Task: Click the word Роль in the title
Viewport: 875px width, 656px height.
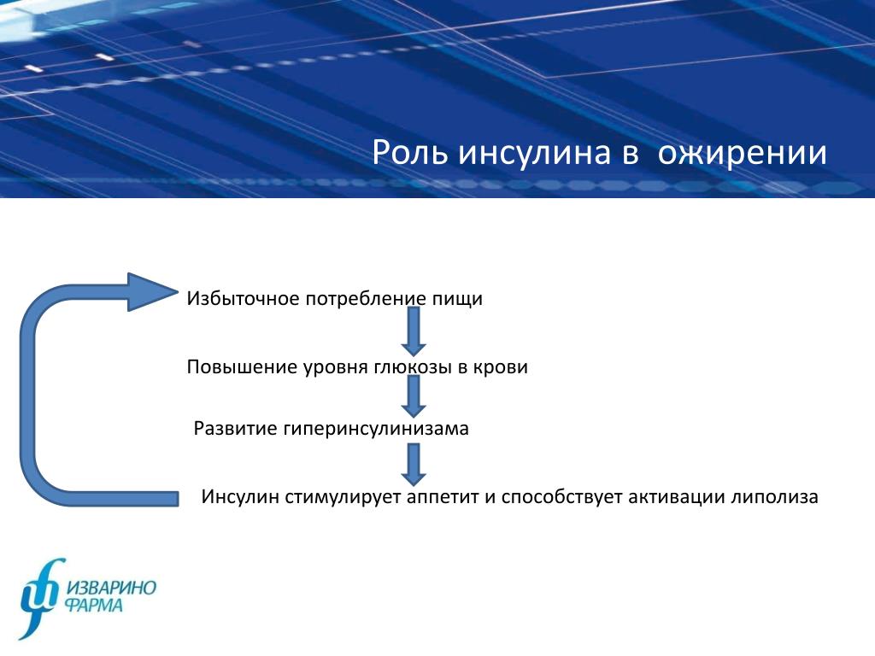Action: tap(410, 153)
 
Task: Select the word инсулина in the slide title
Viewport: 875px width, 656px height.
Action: tap(535, 153)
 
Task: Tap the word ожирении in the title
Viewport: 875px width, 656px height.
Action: tap(743, 153)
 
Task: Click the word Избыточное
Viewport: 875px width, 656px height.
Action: tap(243, 298)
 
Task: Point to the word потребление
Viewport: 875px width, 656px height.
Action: tap(366, 299)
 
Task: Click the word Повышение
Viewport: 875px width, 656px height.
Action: tap(242, 367)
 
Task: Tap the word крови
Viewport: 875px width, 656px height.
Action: tap(501, 367)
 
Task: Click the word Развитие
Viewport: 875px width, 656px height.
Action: tap(236, 429)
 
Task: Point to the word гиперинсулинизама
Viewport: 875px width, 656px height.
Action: tap(376, 429)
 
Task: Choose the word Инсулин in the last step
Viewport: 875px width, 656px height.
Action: tap(240, 496)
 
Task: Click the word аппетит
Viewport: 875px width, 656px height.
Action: tap(443, 497)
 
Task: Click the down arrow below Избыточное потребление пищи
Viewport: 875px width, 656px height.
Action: tap(414, 331)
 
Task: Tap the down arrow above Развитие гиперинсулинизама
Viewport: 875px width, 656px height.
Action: tap(414, 396)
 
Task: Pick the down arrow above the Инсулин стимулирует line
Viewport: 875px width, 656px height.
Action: tap(414, 464)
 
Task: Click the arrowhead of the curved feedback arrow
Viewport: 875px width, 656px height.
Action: tap(153, 292)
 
